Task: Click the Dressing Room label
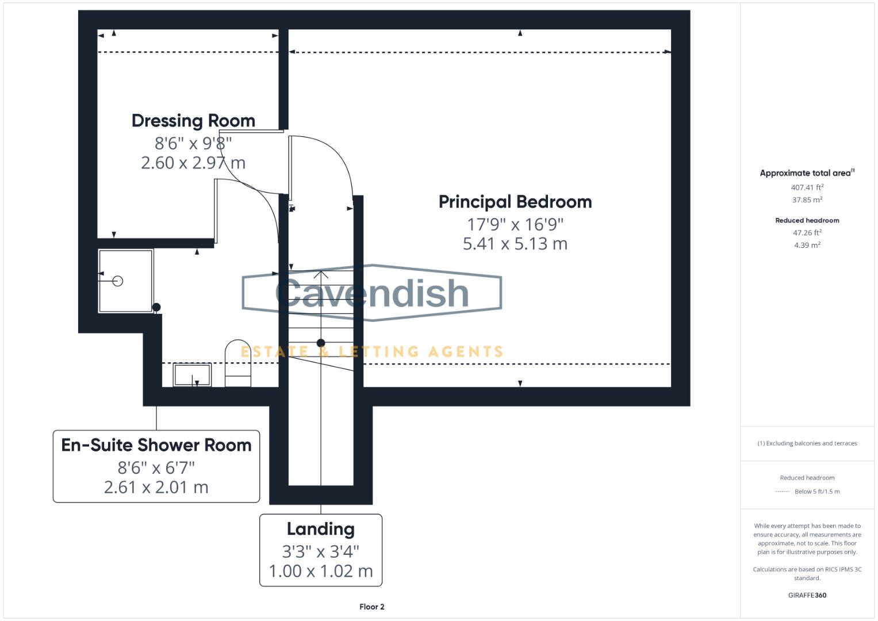coord(193,121)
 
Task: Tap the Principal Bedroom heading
coord(515,202)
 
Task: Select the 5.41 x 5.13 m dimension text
coord(515,244)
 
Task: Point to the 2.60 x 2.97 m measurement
coord(193,163)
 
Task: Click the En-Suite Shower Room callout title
coord(156,445)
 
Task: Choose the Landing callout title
coord(321,529)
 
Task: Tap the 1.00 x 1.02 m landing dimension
coord(321,571)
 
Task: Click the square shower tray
coord(125,281)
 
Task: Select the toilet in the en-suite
coord(238,363)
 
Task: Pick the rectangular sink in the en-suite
coord(192,374)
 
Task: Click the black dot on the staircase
coord(321,343)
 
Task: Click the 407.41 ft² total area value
coord(807,187)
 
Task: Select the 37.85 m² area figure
coord(807,200)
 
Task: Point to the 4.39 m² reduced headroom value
coord(807,245)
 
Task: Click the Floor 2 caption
coord(371,607)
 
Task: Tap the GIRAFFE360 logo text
coord(807,595)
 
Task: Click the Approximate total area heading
coord(807,173)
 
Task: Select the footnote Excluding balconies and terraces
coord(807,443)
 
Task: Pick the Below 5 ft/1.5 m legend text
coord(817,492)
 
